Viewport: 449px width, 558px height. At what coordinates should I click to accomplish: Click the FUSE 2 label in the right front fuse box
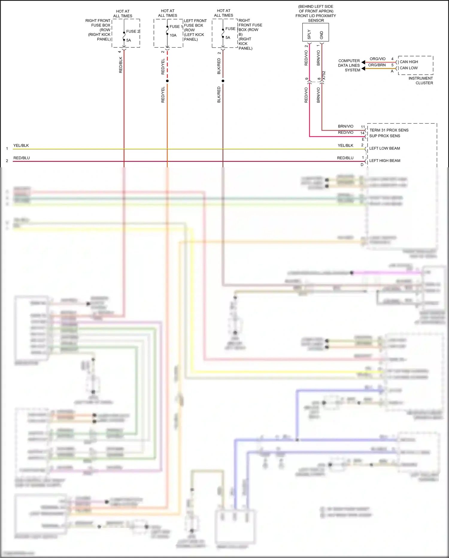[x=133, y=31]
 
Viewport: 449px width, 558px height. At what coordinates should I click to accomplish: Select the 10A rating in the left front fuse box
[x=173, y=35]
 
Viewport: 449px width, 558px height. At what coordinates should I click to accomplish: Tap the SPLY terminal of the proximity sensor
[x=309, y=34]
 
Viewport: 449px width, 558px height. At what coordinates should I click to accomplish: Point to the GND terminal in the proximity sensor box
[x=322, y=35]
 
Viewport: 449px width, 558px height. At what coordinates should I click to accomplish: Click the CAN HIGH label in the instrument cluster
[x=409, y=62]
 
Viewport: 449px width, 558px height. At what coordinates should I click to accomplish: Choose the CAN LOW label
[x=409, y=68]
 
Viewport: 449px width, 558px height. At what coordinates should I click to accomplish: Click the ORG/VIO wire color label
[x=377, y=59]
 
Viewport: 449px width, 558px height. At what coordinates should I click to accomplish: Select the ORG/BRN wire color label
[x=377, y=65]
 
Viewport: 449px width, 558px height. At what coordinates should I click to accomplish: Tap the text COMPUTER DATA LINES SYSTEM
[x=349, y=65]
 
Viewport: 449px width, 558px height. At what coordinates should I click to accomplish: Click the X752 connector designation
[x=324, y=75]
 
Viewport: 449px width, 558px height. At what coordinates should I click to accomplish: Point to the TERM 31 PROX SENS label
[x=389, y=130]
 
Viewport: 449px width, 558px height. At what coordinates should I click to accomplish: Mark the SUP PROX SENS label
[x=385, y=136]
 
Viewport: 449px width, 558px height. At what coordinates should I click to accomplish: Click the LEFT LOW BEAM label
[x=384, y=148]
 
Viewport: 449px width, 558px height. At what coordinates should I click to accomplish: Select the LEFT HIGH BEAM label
[x=385, y=161]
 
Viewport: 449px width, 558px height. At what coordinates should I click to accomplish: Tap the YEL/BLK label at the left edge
[x=21, y=145]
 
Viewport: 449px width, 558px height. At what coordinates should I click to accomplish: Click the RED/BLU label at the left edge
[x=22, y=158]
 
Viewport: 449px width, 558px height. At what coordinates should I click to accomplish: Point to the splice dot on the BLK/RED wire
[x=223, y=81]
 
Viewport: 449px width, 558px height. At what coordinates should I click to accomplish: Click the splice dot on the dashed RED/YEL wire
[x=167, y=81]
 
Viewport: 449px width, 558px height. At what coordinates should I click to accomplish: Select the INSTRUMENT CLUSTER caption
[x=421, y=81]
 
